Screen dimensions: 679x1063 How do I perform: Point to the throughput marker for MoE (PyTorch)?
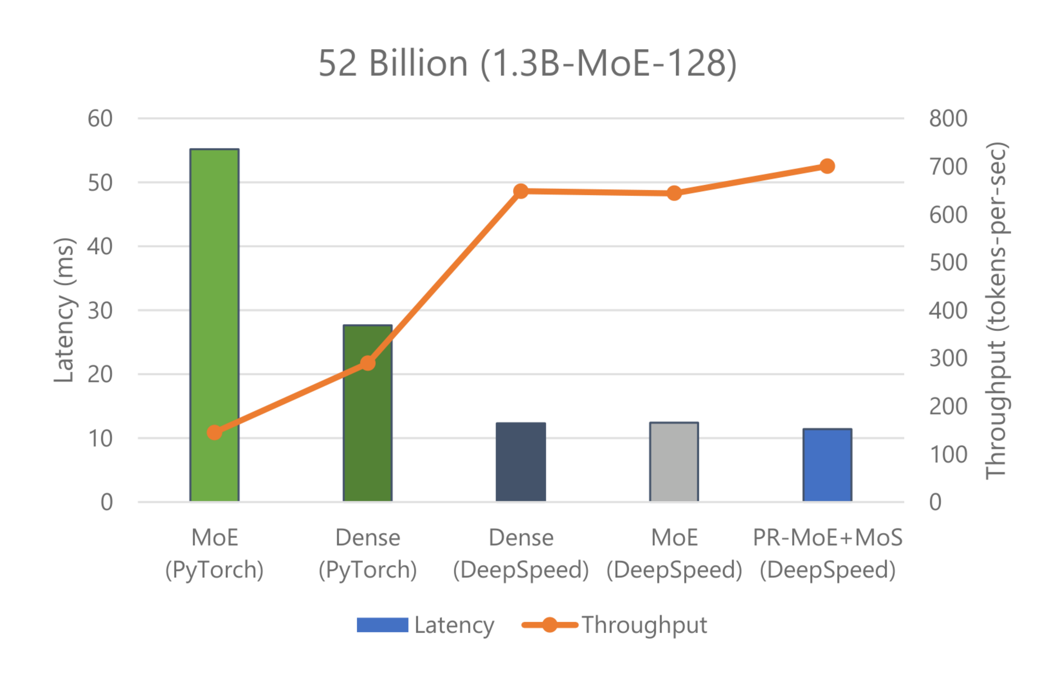tap(215, 432)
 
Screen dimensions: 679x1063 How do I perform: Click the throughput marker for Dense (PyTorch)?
tap(368, 363)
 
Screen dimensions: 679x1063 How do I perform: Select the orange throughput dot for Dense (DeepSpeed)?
tap(521, 191)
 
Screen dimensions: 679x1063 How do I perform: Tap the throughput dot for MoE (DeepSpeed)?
tap(674, 193)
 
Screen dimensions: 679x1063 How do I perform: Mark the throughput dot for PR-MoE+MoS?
tap(827, 166)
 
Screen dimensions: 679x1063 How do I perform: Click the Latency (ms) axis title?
tap(64, 310)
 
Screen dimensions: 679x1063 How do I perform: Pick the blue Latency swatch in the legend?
tap(382, 625)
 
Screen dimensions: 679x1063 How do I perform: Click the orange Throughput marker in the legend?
tap(550, 625)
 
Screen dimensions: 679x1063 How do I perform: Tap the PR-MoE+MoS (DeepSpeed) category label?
tap(827, 554)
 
